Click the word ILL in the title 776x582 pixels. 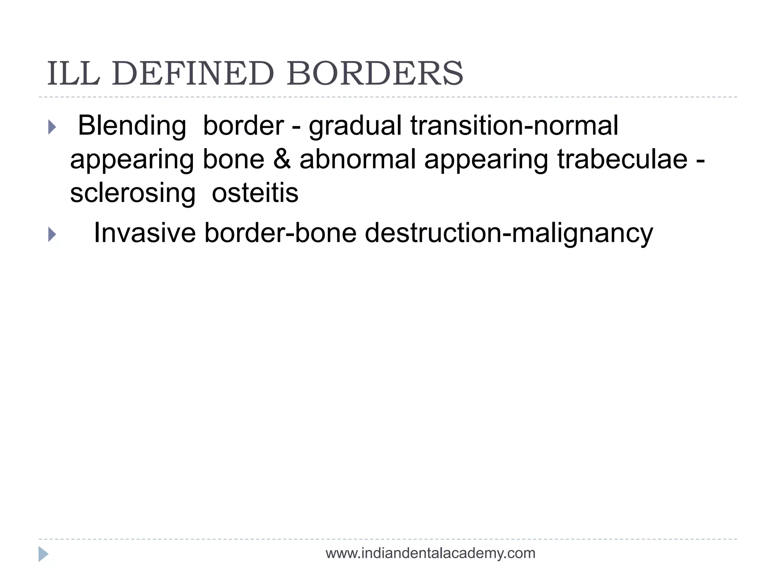74,74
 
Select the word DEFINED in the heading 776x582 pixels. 193,74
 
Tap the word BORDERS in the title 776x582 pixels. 375,74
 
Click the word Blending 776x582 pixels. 132,126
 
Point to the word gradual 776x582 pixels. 355,126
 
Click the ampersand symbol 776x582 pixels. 282,159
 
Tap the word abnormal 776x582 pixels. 358,159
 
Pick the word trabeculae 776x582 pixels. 622,159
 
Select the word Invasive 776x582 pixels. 145,233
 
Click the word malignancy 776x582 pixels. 582,233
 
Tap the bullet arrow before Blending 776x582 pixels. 52,127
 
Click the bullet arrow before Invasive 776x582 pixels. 52,235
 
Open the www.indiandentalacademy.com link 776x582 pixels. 430,554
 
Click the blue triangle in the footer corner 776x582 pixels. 43,554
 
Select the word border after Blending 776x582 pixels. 244,126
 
